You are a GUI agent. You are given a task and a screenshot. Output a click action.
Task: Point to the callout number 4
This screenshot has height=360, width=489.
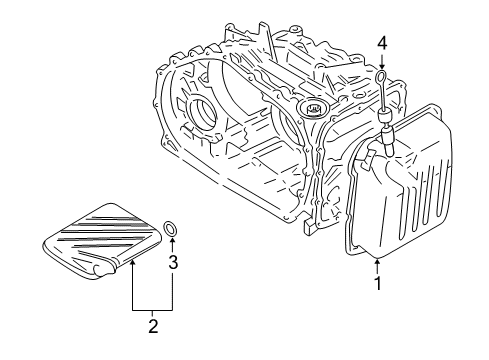(381, 43)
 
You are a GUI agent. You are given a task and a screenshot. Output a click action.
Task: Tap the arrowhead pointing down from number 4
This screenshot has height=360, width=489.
(381, 64)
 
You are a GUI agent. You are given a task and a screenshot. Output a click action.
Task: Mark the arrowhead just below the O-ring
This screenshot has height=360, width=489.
(173, 244)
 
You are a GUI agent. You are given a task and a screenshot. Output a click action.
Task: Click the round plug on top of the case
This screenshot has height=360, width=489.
(314, 107)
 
